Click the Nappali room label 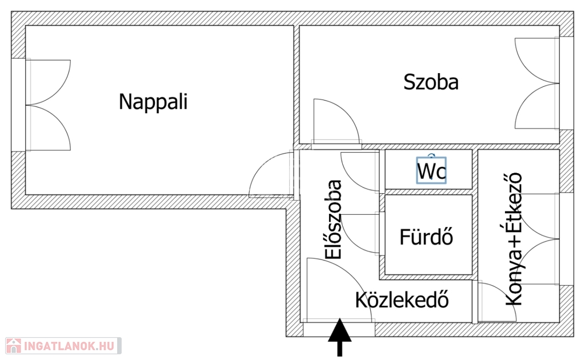point(153,102)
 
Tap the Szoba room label point(431,82)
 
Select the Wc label point(431,171)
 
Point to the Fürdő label point(427,237)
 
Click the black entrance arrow point(340,337)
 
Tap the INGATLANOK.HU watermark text point(68,346)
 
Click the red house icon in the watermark point(13,345)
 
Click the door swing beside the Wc point(358,171)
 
